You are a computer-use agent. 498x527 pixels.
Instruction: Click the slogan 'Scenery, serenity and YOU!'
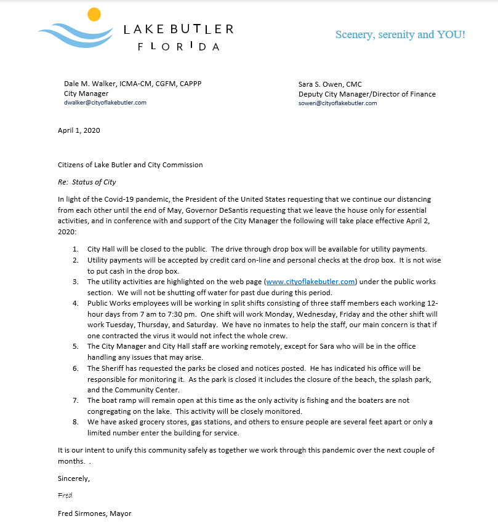coord(400,34)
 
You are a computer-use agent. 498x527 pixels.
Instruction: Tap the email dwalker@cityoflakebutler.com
coord(105,103)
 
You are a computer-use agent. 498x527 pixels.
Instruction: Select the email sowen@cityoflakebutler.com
coord(337,103)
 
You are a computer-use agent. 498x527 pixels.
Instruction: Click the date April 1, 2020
coord(79,130)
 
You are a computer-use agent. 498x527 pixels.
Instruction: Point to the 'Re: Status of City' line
coord(87,182)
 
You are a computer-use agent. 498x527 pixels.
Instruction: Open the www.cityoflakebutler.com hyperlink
coord(311,282)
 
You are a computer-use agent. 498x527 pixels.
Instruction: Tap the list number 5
coord(74,346)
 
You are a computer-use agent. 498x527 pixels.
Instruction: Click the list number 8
coord(74,422)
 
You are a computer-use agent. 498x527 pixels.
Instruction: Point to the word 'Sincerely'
coord(73,478)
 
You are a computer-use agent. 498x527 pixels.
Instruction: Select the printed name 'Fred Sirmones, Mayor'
coord(94,513)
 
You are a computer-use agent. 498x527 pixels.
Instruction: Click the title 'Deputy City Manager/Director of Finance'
coord(367,94)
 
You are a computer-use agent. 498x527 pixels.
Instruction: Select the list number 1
coord(74,249)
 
